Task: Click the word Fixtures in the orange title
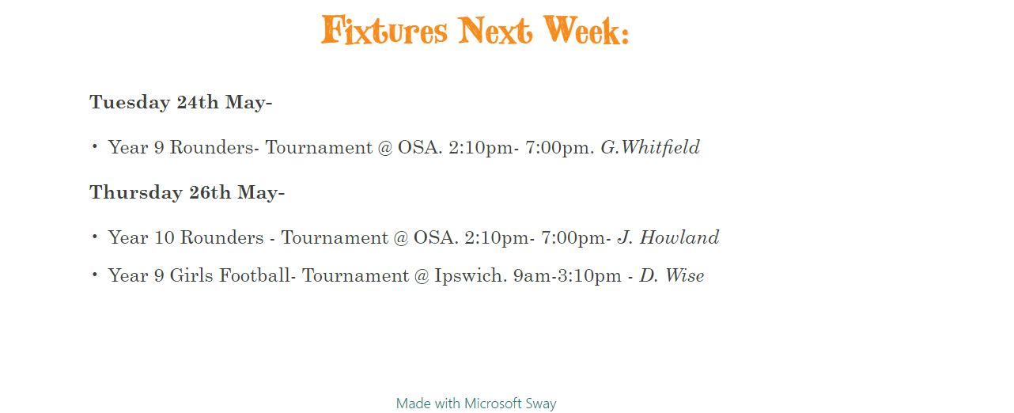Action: pos(384,30)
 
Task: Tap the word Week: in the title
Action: pos(586,30)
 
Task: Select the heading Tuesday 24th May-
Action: pos(180,102)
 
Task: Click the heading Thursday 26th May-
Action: pos(187,192)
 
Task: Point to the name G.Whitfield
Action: pos(650,148)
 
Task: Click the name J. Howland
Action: pos(668,237)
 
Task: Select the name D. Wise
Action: pos(672,275)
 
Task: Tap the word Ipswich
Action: pos(471,276)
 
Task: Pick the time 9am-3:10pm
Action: pos(567,276)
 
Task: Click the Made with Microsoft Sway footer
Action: pos(476,403)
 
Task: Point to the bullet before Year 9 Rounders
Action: pos(95,146)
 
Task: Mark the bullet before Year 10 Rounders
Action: pos(95,236)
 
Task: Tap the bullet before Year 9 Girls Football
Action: pos(95,274)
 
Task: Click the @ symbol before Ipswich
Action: pos(422,276)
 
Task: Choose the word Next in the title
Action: pos(495,30)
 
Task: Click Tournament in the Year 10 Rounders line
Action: pos(335,237)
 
